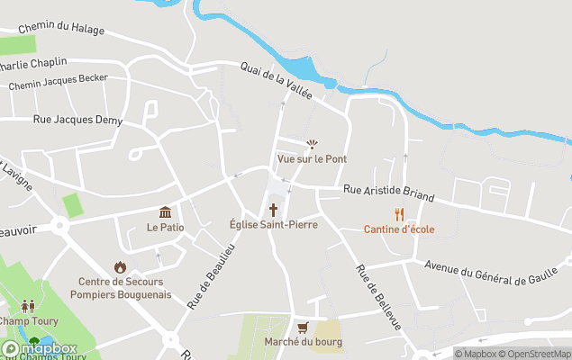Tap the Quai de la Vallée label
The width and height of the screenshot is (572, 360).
click(x=276, y=80)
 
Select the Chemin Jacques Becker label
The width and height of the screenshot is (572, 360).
click(x=58, y=82)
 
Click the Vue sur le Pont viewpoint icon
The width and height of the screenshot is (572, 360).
click(x=313, y=144)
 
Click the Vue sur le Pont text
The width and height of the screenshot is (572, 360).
click(x=313, y=158)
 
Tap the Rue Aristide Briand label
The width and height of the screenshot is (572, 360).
click(x=389, y=193)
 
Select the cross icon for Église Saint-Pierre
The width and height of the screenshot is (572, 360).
click(x=273, y=210)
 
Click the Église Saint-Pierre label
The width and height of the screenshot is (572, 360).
click(x=273, y=225)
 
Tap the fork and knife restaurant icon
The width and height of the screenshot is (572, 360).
click(x=399, y=214)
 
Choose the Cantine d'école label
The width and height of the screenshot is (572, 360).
click(x=399, y=229)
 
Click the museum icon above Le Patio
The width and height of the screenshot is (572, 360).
click(x=166, y=212)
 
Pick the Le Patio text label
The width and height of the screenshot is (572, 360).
click(x=166, y=227)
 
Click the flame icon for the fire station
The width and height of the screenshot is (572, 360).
click(x=120, y=267)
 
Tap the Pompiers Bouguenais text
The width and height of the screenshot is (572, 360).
click(x=120, y=294)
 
